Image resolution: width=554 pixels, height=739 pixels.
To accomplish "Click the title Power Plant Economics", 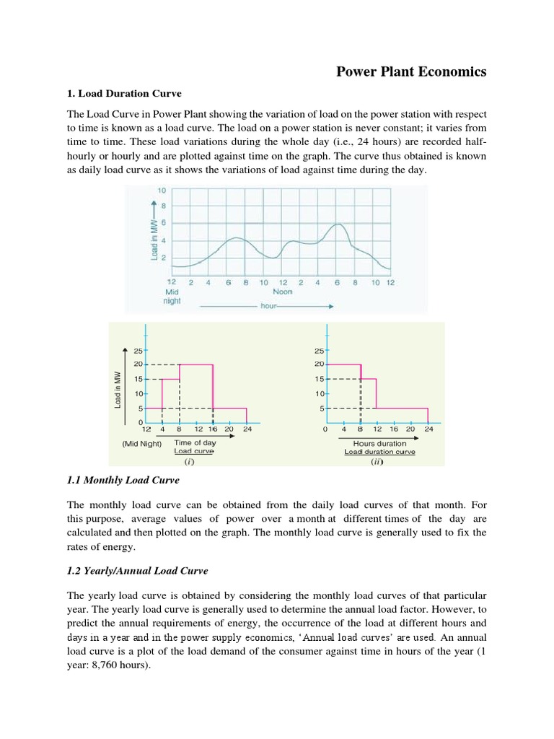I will [413, 71].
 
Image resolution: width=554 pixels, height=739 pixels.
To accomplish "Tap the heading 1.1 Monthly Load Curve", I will [123, 479].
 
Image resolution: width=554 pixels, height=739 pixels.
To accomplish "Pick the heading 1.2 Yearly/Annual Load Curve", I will [137, 570].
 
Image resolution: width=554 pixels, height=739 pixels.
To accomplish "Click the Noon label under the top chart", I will [282, 292].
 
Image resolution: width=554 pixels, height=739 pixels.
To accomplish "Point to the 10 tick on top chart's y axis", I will [162, 190].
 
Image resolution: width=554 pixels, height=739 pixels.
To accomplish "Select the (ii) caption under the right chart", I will [377, 461].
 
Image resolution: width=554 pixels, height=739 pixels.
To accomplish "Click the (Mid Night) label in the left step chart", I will [141, 444].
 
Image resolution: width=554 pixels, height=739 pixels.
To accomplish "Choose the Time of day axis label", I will [195, 442].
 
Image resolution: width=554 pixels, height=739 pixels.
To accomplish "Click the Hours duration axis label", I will [379, 443].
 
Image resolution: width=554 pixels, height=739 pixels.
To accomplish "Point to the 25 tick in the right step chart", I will [320, 351].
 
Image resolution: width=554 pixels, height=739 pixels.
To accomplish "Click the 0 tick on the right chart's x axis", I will [325, 430].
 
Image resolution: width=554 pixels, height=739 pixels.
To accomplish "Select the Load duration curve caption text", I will [379, 452].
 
